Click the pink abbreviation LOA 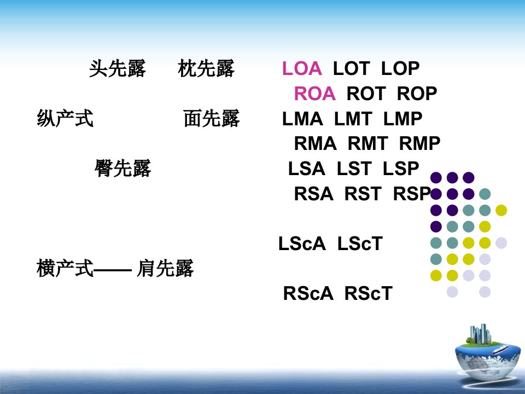(302, 68)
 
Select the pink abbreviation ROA (315, 94)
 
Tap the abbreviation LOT (351, 68)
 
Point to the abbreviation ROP (417, 94)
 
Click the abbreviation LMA (302, 119)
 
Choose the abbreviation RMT (367, 143)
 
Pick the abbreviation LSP (401, 168)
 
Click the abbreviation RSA (314, 194)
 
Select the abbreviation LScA (302, 244)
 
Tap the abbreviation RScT (368, 293)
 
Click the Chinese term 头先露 (117, 68)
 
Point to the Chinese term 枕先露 (206, 68)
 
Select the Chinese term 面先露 (211, 118)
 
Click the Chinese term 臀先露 (122, 168)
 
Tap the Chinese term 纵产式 (65, 118)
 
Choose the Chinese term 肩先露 (165, 268)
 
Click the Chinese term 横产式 (65, 268)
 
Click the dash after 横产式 (113, 269)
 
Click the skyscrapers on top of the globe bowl (481, 333)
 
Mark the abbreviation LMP (402, 119)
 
